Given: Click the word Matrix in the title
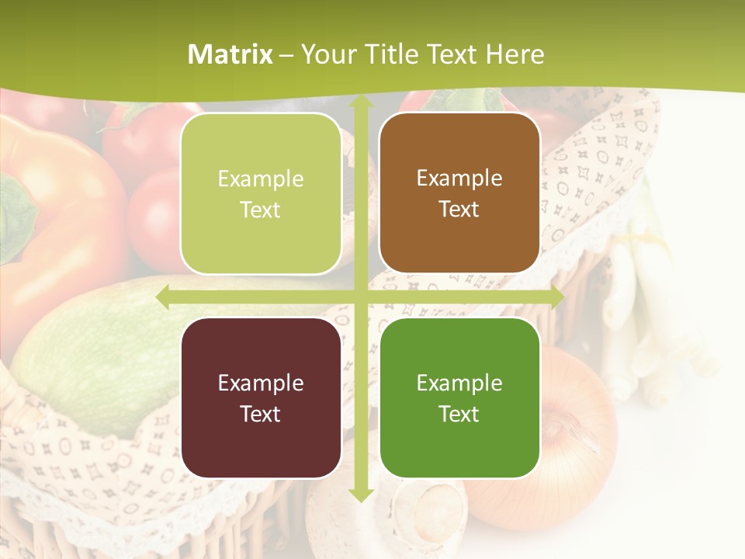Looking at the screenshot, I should coord(230,54).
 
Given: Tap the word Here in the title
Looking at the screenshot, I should coord(515,54).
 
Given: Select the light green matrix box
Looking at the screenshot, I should coord(261,194).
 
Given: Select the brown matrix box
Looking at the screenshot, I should coord(459,193).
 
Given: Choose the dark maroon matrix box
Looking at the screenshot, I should coord(261,398).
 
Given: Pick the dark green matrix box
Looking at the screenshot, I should coord(459,398).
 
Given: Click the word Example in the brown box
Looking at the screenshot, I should coord(459,179).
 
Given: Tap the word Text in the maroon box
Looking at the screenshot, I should coord(261,414).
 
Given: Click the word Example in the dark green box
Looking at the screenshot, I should coord(459,383).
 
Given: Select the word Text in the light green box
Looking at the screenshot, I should coord(261,210).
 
